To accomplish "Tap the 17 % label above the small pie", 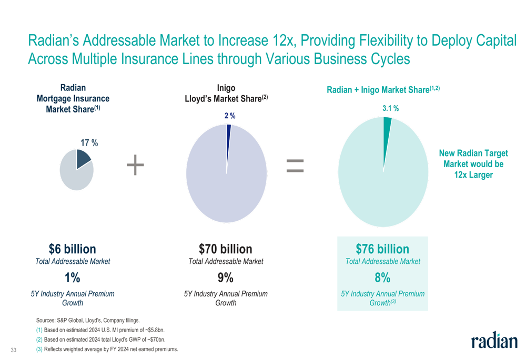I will [x=89, y=142].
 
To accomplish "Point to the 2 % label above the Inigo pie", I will [x=230, y=116].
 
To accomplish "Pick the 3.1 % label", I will [x=390, y=108].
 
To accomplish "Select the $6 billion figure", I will [x=73, y=249].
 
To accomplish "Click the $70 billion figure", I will [x=226, y=249].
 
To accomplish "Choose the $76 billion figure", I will [x=382, y=249].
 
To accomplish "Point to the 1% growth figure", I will [x=73, y=277].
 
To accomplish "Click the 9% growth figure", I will [x=226, y=277].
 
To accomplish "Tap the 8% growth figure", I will [x=382, y=277].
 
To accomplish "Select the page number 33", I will [x=14, y=350].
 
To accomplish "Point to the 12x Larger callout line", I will [x=473, y=175].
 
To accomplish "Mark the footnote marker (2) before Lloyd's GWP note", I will [x=39, y=340].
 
